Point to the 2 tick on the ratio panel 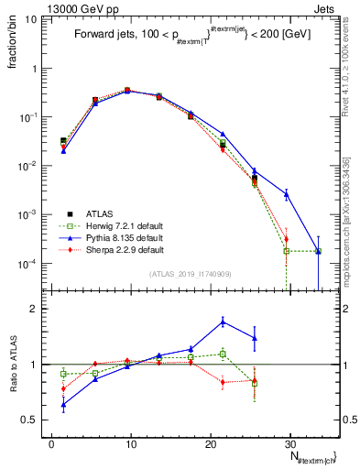tap(37, 309)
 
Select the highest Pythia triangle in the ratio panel tap(223, 322)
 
